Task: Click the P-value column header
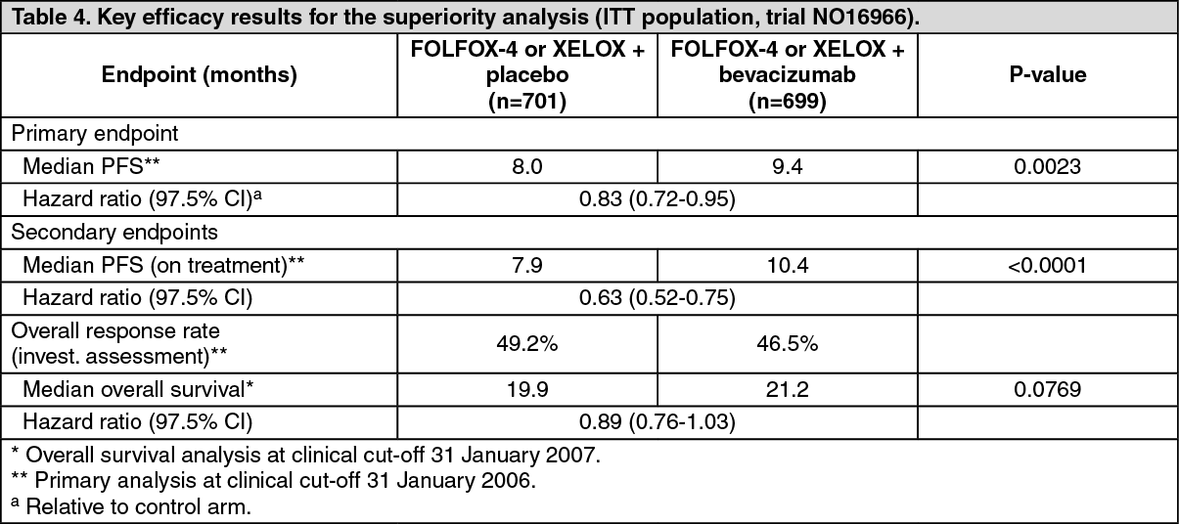click(1048, 74)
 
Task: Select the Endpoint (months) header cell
click(199, 75)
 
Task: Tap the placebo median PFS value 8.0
click(526, 167)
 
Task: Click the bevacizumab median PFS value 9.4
click(787, 167)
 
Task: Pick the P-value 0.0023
click(1048, 167)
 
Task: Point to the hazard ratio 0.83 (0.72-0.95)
click(657, 199)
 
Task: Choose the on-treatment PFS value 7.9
click(526, 265)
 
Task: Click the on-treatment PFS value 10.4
click(787, 265)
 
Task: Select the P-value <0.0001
click(1048, 265)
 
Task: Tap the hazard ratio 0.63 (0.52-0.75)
click(657, 298)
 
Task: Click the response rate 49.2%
click(526, 344)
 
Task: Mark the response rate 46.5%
click(787, 344)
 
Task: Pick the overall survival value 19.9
click(526, 390)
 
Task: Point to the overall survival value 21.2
click(787, 390)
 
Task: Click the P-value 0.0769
click(1048, 390)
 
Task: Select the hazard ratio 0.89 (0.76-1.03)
click(657, 422)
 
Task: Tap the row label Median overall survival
click(138, 390)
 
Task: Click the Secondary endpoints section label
click(114, 233)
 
